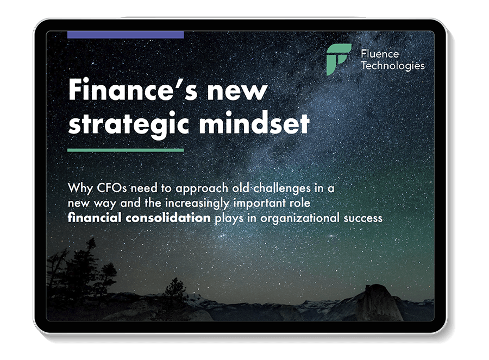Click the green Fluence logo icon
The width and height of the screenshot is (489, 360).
point(338,59)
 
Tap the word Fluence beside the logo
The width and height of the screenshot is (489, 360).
point(380,54)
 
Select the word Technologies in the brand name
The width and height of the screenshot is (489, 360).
point(393,66)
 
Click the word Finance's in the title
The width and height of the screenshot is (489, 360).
point(133,90)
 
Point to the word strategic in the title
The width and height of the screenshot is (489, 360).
point(129,124)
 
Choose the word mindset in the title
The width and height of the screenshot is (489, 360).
point(254,123)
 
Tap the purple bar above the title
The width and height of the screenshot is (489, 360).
point(126,35)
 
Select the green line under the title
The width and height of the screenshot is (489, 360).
point(126,150)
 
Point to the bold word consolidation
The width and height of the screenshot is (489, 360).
point(168,218)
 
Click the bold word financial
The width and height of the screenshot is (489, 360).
point(95,218)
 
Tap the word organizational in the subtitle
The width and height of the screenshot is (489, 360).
point(300,218)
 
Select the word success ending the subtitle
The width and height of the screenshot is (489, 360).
point(363,218)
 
